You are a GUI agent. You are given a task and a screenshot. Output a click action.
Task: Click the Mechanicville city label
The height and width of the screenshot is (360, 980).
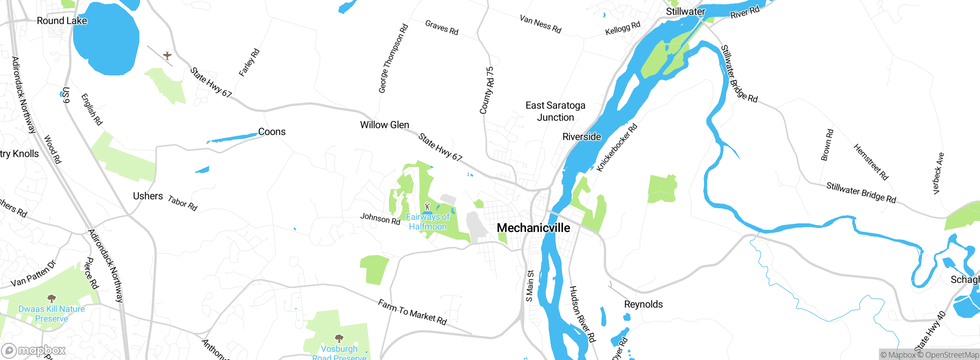(x=533, y=228)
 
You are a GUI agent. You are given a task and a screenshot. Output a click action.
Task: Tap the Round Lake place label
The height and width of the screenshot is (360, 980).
(x=62, y=21)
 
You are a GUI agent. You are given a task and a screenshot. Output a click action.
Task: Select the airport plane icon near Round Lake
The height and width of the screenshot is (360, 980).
(x=167, y=56)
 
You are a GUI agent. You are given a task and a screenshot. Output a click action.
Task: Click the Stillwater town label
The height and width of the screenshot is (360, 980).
(x=685, y=11)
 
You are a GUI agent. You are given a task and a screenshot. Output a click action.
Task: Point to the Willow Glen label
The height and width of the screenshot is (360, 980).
(x=384, y=125)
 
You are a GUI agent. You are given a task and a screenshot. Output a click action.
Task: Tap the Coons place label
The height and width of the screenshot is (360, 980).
(x=272, y=132)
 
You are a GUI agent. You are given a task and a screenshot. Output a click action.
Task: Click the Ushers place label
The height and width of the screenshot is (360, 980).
(x=148, y=196)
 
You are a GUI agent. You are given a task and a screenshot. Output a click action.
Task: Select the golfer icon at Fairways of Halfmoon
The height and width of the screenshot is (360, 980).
(x=428, y=207)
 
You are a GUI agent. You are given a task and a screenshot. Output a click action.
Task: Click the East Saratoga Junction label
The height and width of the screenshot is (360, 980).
(x=555, y=111)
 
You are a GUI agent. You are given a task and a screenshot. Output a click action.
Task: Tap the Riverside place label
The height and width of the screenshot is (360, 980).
(x=581, y=137)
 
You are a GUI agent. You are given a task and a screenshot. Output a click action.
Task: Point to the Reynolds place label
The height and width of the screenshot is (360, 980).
(x=643, y=304)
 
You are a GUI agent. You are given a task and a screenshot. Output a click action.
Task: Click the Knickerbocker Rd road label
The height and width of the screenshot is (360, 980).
(x=617, y=147)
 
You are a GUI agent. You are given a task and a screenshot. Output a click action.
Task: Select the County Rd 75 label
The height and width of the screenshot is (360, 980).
(x=487, y=90)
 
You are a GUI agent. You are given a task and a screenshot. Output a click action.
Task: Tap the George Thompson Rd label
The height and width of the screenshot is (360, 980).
(x=393, y=59)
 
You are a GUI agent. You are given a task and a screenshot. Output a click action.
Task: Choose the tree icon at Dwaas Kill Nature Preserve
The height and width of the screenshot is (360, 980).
(x=52, y=298)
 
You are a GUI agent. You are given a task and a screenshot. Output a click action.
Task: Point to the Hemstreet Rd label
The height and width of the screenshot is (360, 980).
(x=871, y=162)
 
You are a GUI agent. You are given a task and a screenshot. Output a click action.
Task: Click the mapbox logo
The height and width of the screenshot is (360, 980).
(x=34, y=350)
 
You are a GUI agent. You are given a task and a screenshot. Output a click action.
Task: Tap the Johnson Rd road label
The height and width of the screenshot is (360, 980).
(x=380, y=219)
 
